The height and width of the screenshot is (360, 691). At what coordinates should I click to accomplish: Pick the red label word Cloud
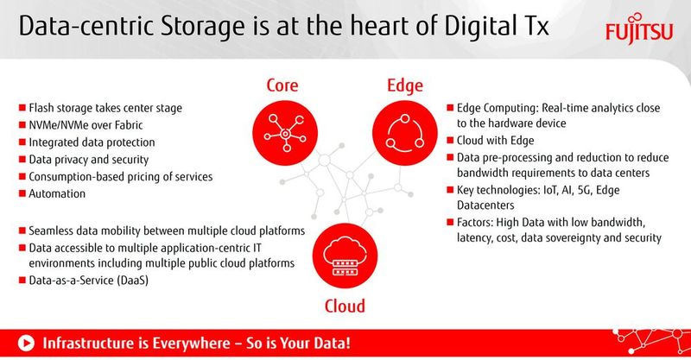[x=344, y=306]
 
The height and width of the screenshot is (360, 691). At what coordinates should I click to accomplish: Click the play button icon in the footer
[x=27, y=343]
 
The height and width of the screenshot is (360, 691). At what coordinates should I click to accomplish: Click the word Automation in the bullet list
[x=58, y=194]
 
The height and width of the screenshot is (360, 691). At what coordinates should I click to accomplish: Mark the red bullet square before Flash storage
[x=22, y=109]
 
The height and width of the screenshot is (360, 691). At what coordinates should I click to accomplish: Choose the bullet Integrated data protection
[x=92, y=142]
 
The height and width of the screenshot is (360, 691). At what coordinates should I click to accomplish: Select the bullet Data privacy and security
[x=89, y=160]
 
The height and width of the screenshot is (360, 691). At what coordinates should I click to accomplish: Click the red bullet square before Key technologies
[x=450, y=189]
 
